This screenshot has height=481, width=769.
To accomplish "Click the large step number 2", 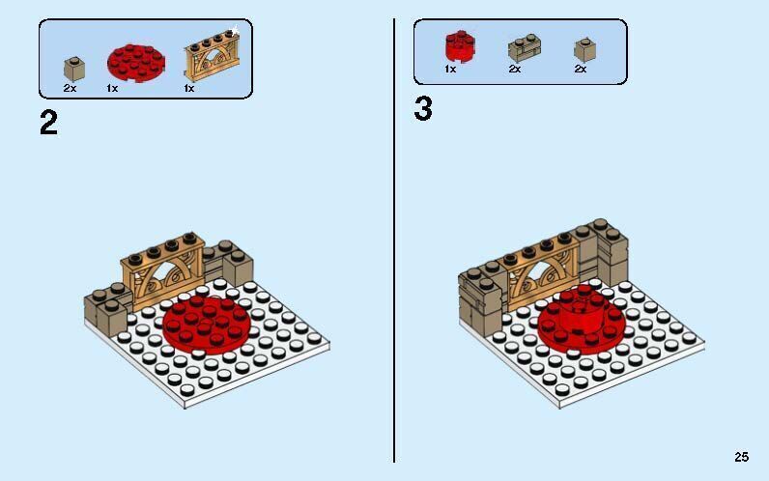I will [x=48, y=123].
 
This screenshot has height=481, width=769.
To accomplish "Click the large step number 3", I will [x=423, y=109].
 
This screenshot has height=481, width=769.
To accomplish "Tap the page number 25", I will [x=741, y=457].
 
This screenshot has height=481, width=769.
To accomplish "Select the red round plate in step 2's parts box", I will [x=135, y=62].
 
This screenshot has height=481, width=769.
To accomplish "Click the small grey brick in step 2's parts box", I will [x=71, y=68].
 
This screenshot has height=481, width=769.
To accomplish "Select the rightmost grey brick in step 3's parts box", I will [x=582, y=49].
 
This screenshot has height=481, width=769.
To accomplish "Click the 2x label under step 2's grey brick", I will [x=70, y=88].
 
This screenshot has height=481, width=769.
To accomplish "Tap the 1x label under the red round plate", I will [x=112, y=88].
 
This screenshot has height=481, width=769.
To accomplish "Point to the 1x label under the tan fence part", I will [x=189, y=88].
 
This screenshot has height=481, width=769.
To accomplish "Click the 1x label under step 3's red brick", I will [x=450, y=70].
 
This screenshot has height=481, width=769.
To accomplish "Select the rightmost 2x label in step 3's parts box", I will [x=581, y=70].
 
